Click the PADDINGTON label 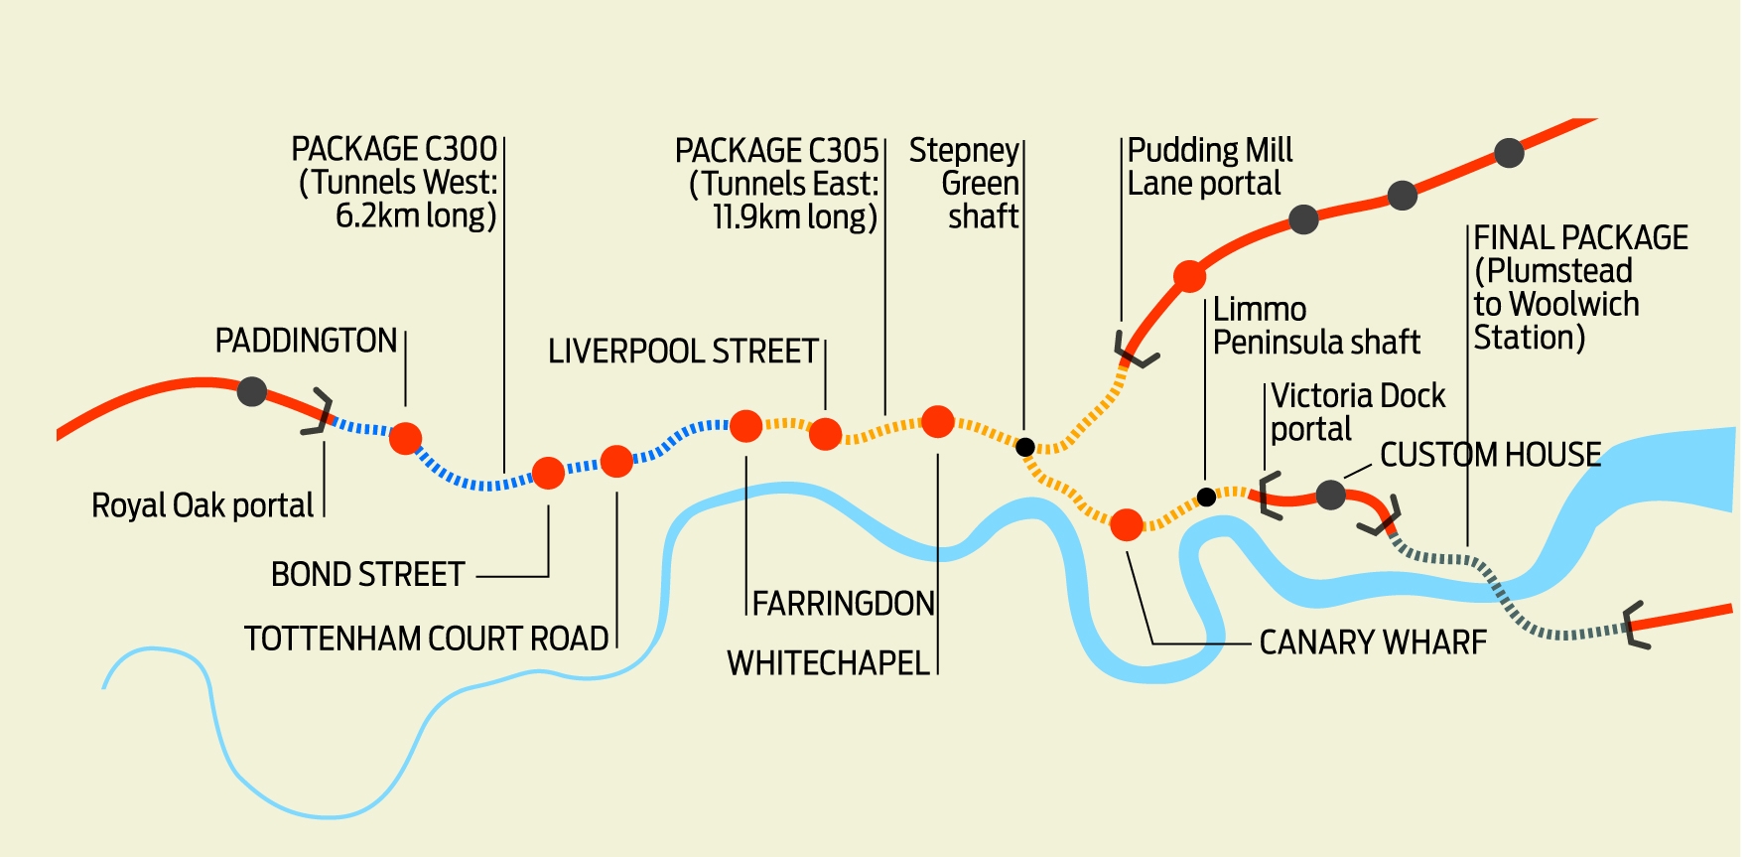[306, 341]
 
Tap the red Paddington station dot [405, 437]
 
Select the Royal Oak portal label [202, 505]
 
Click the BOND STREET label [367, 575]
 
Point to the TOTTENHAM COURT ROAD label [426, 639]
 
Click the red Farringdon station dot [745, 426]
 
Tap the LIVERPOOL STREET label [683, 352]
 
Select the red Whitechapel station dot [937, 421]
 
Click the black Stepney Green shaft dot [1025, 447]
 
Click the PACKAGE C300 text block [397, 183]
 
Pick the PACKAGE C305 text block [778, 184]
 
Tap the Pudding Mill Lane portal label [1209, 167]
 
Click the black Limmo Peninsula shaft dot [1206, 497]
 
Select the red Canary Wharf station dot [1126, 524]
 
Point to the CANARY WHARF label [1373, 643]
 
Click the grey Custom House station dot [1330, 494]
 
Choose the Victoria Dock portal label [1356, 412]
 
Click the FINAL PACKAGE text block [1578, 288]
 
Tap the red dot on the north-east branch [1189, 276]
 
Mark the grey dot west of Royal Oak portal [252, 391]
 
